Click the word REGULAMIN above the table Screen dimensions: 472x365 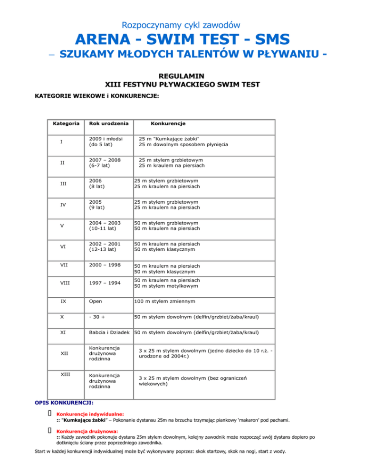[x=182, y=75]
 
